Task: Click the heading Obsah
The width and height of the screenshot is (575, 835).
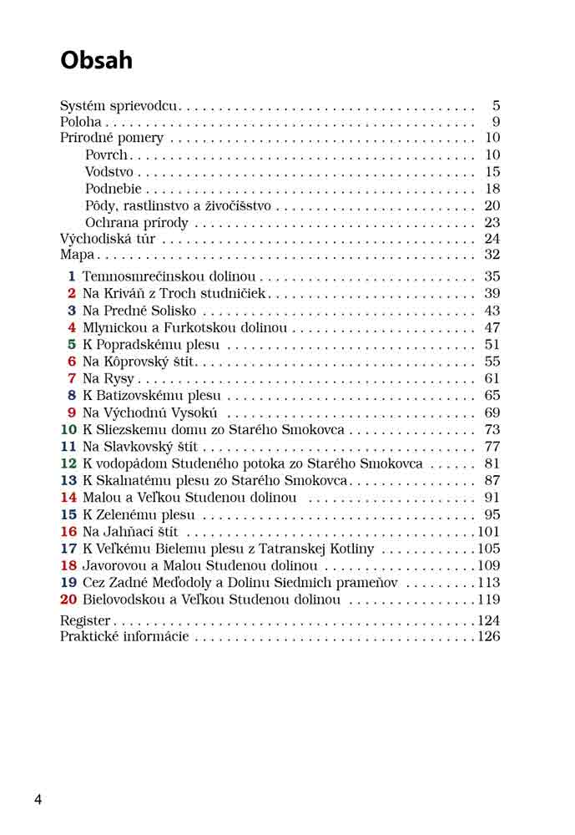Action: click(96, 60)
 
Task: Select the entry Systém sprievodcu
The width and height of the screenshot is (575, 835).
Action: click(119, 106)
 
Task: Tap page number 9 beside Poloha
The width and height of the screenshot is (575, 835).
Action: click(495, 122)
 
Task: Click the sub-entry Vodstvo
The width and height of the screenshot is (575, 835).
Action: click(109, 172)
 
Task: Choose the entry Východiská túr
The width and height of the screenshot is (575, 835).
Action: click(108, 239)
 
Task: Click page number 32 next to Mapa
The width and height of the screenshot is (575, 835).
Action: click(492, 255)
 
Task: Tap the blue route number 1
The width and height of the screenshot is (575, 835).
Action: click(72, 276)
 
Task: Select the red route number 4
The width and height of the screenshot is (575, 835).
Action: click(72, 328)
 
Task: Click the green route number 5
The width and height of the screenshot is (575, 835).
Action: click(72, 345)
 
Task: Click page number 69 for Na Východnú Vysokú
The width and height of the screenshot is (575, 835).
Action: click(492, 412)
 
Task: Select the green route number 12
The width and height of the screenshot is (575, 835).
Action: click(68, 463)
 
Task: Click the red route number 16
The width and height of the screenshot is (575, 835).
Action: click(68, 532)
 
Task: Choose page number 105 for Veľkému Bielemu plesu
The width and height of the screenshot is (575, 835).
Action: click(488, 549)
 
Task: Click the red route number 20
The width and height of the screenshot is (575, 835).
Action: click(68, 600)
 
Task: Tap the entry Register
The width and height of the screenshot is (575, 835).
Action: click(85, 620)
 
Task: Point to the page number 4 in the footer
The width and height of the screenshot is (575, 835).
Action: click(38, 799)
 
